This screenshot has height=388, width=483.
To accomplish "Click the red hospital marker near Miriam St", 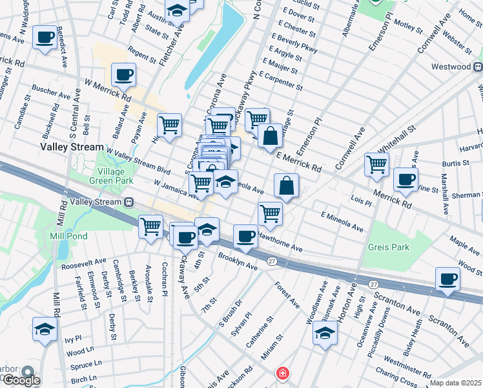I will pyautogui.click(x=282, y=373).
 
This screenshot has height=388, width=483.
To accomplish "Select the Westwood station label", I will pyautogui.click(x=451, y=67).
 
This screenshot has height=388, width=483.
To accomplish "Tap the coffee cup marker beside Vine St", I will pyautogui.click(x=406, y=180).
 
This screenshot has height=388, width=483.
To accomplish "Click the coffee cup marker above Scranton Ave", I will pyautogui.click(x=448, y=280).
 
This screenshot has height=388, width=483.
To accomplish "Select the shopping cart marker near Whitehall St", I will pyautogui.click(x=376, y=164).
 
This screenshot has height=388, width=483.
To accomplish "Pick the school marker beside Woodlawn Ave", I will pyautogui.click(x=325, y=334).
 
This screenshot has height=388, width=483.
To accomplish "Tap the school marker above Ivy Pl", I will pyautogui.click(x=45, y=330).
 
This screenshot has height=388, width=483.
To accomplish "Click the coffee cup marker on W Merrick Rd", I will pyautogui.click(x=123, y=75).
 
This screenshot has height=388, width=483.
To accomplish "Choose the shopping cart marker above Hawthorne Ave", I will pyautogui.click(x=270, y=213).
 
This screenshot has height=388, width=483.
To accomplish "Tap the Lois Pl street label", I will pyautogui.click(x=361, y=202).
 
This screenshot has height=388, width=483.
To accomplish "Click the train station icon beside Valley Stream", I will pyautogui.click(x=130, y=202).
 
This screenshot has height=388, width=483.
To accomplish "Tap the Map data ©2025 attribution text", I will pyautogui.click(x=455, y=383).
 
